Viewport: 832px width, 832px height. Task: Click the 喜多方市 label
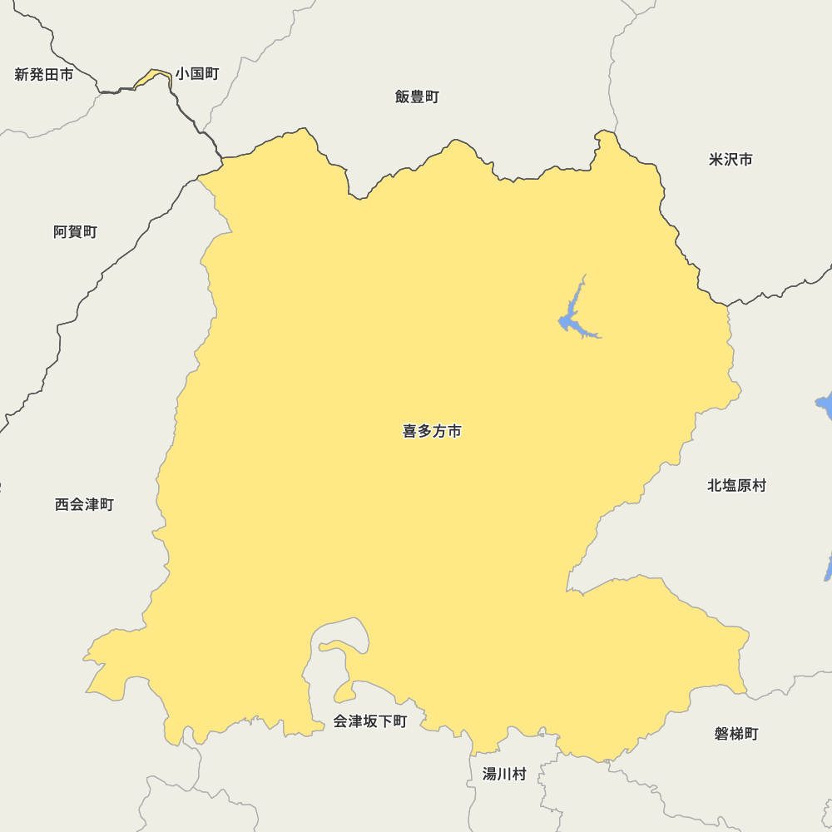(432, 431)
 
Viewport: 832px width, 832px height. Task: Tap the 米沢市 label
(730, 159)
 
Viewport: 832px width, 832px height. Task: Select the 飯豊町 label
(417, 97)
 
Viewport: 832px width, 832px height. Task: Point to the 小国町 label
(197, 74)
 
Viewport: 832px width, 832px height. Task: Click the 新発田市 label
(44, 75)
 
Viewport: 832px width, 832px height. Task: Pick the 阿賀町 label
(75, 232)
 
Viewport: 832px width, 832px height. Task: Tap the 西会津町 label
(84, 504)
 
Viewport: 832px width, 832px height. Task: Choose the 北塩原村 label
(736, 485)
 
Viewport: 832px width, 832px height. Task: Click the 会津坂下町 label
(370, 721)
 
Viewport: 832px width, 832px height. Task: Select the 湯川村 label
(504, 774)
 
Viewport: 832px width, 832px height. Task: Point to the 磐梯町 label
(736, 734)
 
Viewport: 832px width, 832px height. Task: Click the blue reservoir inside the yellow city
(569, 320)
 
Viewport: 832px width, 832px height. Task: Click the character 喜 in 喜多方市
(410, 431)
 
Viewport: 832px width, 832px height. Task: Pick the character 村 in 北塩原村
(759, 485)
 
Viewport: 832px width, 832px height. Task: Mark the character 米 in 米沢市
(716, 159)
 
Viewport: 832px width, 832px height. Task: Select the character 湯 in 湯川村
(490, 774)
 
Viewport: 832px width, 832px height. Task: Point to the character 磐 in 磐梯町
(721, 734)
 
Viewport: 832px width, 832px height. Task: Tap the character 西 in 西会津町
(62, 504)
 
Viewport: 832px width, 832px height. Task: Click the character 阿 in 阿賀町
(61, 232)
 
